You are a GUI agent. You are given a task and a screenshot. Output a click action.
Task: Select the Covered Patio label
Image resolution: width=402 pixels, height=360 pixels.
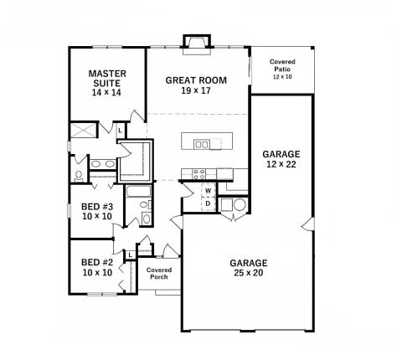pyautogui.click(x=281, y=69)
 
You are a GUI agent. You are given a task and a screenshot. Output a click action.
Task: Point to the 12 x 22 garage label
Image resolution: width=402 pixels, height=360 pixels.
pyautogui.click(x=281, y=159)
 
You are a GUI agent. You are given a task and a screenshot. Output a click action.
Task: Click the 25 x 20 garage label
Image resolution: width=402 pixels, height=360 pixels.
pyautogui.click(x=249, y=267)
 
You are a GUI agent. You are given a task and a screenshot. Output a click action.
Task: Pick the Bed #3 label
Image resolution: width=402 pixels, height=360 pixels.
pyautogui.click(x=97, y=211)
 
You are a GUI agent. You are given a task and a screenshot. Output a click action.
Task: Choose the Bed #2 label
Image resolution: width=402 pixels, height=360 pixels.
pyautogui.click(x=97, y=267)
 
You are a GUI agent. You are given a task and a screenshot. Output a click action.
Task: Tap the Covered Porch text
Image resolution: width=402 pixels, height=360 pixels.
pyautogui.click(x=158, y=274)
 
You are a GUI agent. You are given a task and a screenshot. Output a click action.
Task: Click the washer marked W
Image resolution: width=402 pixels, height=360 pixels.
pyautogui.click(x=208, y=191)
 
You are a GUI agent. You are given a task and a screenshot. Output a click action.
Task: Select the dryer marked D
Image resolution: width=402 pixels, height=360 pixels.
pyautogui.click(x=208, y=203)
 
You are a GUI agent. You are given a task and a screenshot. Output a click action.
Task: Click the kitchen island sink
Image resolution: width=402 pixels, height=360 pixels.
pyautogui.click(x=202, y=144)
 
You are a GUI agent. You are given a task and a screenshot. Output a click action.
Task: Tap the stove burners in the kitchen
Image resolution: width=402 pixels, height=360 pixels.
pyautogui.click(x=200, y=174)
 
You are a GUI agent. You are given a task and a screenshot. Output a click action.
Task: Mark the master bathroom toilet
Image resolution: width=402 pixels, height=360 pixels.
pyautogui.click(x=78, y=176)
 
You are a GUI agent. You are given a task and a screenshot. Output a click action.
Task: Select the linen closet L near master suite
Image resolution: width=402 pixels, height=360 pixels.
pyautogui.click(x=120, y=131)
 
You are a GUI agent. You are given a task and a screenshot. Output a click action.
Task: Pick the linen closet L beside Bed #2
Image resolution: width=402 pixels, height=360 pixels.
pyautogui.click(x=131, y=255)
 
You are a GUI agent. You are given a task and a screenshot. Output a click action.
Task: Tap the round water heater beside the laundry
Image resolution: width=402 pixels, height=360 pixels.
pyautogui.click(x=239, y=204)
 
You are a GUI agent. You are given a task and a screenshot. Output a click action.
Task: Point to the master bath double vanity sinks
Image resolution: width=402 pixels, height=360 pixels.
pyautogui.click(x=100, y=163)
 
